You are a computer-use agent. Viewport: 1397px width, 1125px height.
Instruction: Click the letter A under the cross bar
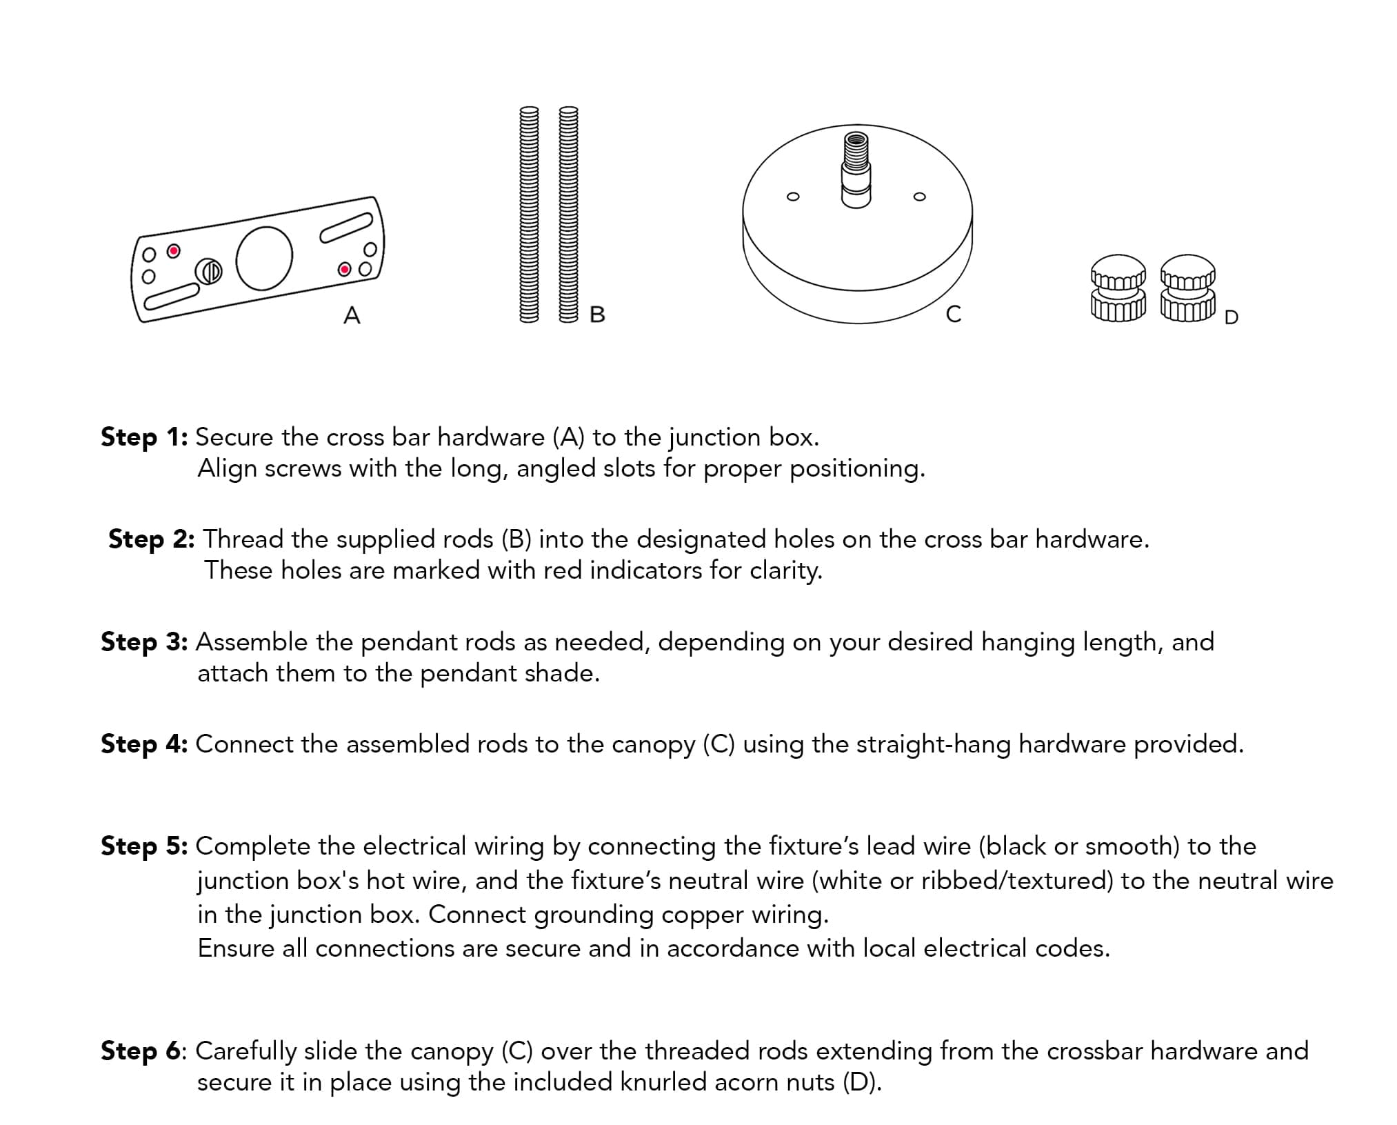(x=352, y=315)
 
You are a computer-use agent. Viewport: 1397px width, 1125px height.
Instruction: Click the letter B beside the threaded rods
(x=597, y=315)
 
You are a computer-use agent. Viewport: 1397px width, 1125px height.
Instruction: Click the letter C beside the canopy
(x=953, y=315)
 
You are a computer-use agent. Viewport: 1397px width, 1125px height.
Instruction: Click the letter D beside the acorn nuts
(x=1231, y=317)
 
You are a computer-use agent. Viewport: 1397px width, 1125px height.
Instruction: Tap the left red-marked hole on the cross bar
(x=174, y=250)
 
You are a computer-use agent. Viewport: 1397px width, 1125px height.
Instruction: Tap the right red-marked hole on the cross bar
(x=344, y=269)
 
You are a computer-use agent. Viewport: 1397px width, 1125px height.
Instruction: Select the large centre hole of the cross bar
(x=263, y=258)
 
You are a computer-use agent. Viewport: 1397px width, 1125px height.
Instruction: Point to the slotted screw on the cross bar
(x=208, y=271)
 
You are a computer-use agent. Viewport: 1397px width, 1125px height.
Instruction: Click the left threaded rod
(x=529, y=214)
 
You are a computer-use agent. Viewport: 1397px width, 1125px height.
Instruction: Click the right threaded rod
(x=567, y=214)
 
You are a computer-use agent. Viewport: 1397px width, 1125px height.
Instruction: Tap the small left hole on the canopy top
(x=793, y=197)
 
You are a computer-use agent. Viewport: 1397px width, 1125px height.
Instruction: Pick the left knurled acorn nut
(x=1118, y=288)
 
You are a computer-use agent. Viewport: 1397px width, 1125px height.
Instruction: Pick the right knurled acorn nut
(x=1187, y=288)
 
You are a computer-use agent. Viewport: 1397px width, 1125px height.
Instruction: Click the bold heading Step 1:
(x=144, y=437)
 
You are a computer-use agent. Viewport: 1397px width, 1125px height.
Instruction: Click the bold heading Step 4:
(x=144, y=744)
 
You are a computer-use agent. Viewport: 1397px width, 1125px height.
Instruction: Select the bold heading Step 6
(x=141, y=1051)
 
